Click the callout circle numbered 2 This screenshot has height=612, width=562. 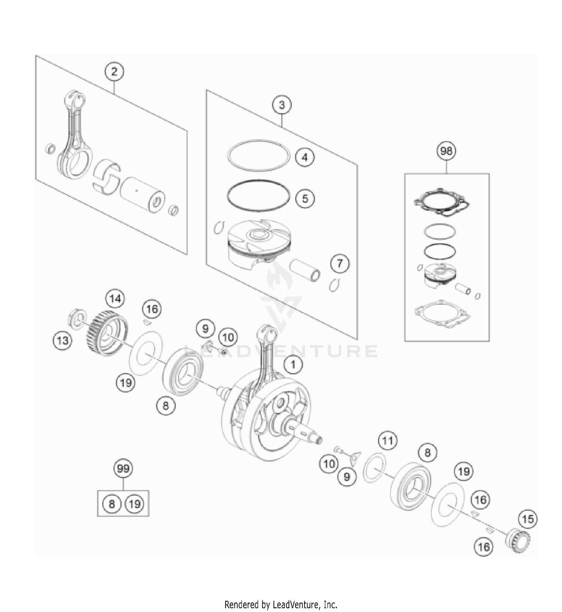coord(114,71)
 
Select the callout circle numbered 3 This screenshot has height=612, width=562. coord(282,105)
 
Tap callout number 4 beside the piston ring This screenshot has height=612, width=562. coord(305,157)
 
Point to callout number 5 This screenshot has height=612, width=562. coord(305,198)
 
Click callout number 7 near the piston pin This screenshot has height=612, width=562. coord(339,264)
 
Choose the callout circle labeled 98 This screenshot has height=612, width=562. coord(446,151)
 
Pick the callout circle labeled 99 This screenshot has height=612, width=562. coord(123,469)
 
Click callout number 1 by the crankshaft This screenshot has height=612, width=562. coord(293,364)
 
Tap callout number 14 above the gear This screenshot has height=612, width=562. coord(115,299)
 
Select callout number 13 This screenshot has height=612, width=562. coord(63,341)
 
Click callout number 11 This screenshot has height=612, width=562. coord(387,441)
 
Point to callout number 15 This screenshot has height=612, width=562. coord(528,519)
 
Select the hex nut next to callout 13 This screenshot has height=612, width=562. coord(77,319)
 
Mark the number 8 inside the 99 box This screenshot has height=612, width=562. coord(112,504)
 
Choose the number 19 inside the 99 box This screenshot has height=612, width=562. coord(135,504)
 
